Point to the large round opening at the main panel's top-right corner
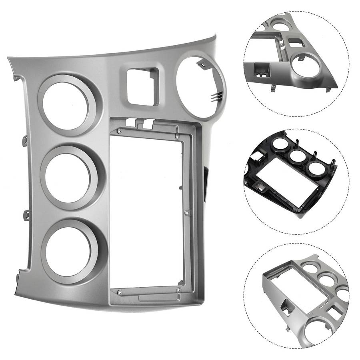(x=200, y=88)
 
